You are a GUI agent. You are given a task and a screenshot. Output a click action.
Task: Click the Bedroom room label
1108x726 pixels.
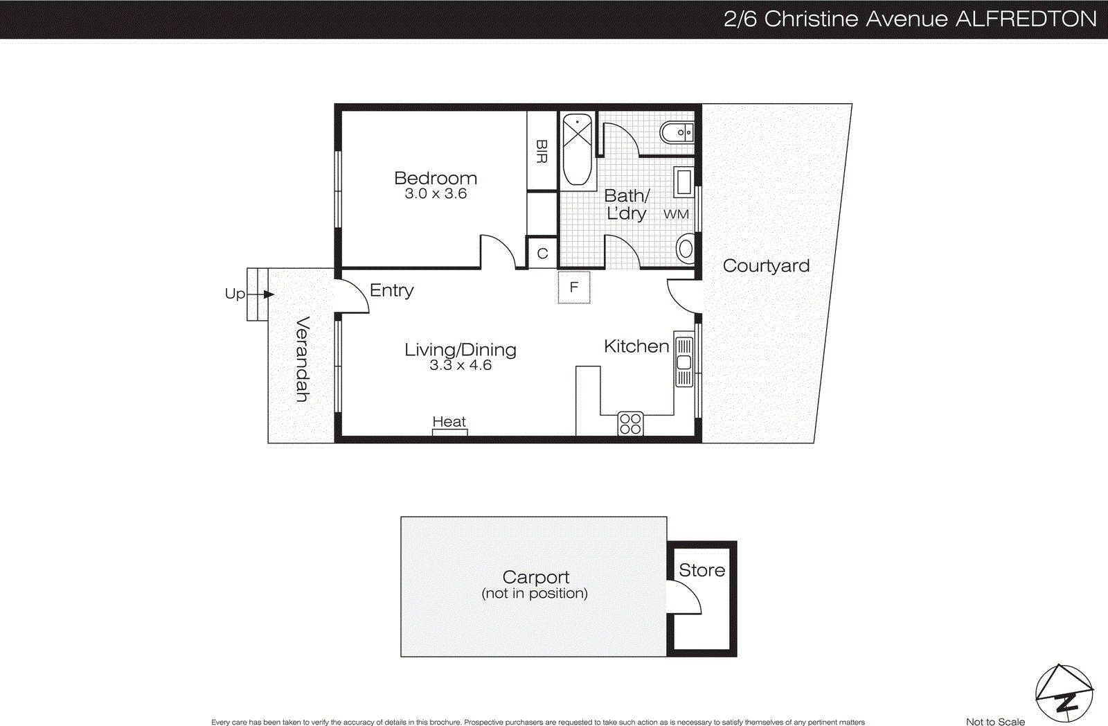(435, 178)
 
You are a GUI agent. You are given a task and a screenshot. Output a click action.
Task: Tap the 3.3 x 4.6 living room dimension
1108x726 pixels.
(460, 365)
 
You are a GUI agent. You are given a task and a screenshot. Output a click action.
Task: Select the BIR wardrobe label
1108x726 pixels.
(542, 151)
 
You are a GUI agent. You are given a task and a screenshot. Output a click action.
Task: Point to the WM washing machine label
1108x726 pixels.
(676, 214)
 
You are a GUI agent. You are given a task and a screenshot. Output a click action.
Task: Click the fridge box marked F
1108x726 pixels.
(574, 287)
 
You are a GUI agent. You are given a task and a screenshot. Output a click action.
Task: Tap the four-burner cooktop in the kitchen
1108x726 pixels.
(630, 424)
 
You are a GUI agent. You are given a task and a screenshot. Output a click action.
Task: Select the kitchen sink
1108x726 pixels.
(684, 362)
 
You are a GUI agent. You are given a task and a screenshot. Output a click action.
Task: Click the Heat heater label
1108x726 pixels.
(449, 421)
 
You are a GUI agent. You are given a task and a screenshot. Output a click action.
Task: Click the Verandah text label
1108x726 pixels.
(303, 359)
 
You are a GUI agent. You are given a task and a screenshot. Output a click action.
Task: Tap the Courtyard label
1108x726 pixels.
(766, 266)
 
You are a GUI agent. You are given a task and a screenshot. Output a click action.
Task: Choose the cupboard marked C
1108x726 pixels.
(542, 254)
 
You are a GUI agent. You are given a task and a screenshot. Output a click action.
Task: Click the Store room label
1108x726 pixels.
(702, 570)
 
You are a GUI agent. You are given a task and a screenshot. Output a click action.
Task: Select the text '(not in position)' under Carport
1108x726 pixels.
(535, 594)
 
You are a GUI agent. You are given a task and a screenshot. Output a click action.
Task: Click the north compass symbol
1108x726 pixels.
(1064, 693)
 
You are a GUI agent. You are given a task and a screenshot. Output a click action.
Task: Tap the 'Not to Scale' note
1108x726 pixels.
(995, 721)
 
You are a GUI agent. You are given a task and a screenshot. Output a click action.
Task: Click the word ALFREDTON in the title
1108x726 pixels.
(1026, 19)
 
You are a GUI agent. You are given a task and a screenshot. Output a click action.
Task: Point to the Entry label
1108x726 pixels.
(391, 290)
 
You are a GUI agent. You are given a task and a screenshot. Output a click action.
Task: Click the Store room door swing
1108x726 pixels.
(685, 598)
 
